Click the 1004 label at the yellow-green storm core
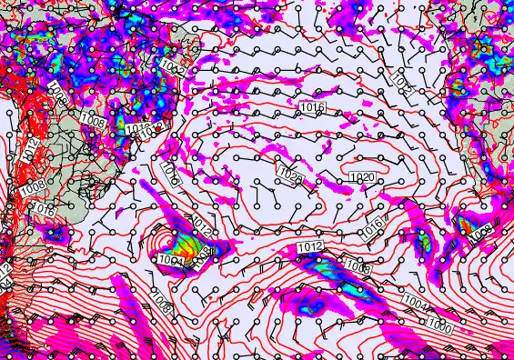pyautogui.click(x=170, y=261)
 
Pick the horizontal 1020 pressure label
pyautogui.click(x=361, y=176)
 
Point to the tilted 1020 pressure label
pyautogui.click(x=291, y=175)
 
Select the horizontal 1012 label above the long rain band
pyautogui.click(x=310, y=246)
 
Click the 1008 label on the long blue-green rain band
pyautogui.click(x=357, y=266)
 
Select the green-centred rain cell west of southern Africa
pyautogui.click(x=422, y=243)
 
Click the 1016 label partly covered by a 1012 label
pyautogui.click(x=136, y=130)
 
